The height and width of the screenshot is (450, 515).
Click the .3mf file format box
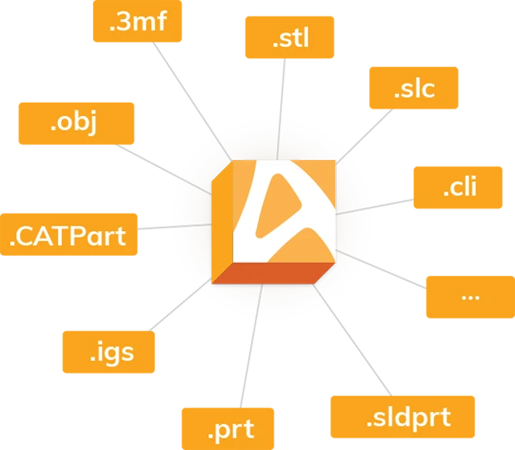tap(138, 21)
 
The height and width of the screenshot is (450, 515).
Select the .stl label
tap(289, 37)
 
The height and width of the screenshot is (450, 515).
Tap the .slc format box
tap(414, 88)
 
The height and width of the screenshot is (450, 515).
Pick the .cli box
tap(458, 187)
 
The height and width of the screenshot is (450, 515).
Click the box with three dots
tap(470, 297)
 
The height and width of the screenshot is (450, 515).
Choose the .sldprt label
tap(403, 417)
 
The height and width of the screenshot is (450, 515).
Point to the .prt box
tap(228, 428)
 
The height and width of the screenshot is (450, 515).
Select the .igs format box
tap(109, 352)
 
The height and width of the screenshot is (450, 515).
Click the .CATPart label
tap(69, 235)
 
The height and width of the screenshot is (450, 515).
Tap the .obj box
tap(76, 123)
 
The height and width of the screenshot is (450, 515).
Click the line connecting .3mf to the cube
tap(192, 101)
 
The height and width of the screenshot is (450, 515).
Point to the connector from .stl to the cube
tap(281, 109)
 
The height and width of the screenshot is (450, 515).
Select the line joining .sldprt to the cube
tap(352, 340)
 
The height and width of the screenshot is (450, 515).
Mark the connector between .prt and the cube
tap(251, 346)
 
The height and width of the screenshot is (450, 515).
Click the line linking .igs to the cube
tap(180, 305)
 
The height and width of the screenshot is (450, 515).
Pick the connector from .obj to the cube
tap(163, 169)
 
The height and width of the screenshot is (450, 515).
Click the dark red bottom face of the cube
tap(274, 273)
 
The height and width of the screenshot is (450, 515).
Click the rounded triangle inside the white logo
tap(276, 207)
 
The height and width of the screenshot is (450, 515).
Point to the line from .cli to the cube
tap(374, 207)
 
